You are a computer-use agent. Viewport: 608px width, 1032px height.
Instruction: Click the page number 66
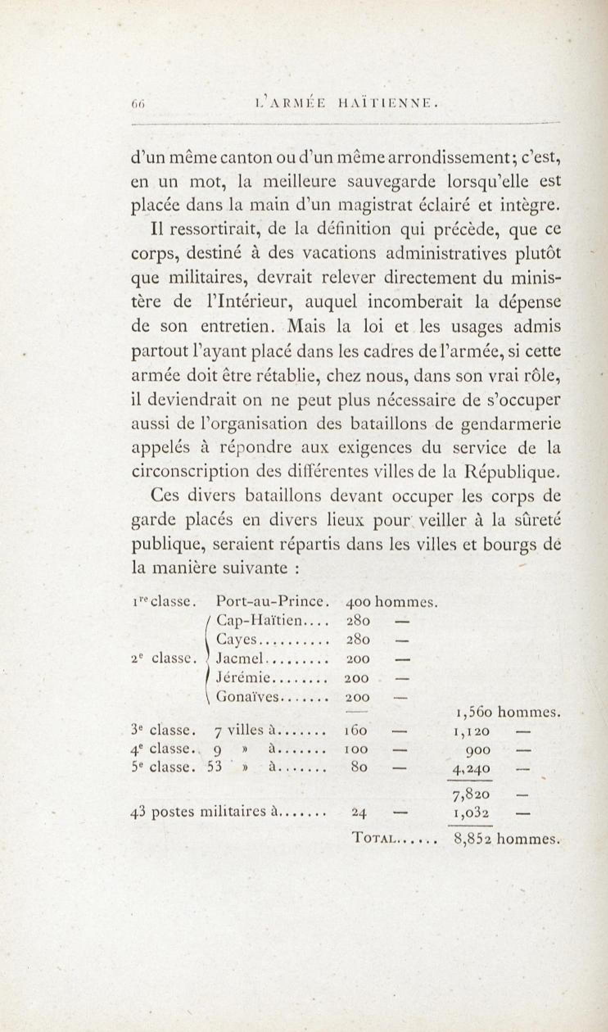click(136, 105)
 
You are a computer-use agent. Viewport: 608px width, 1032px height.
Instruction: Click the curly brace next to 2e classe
click(209, 659)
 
